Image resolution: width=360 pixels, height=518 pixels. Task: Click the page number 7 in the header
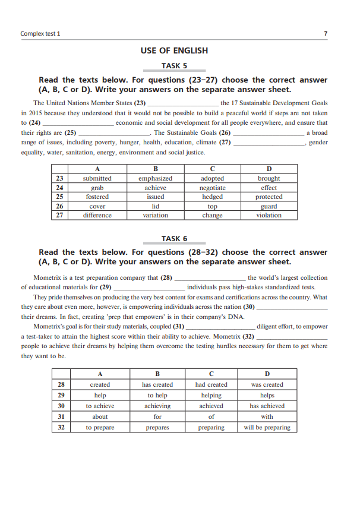(x=326, y=33)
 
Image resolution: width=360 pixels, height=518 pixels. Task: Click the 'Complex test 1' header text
(x=40, y=33)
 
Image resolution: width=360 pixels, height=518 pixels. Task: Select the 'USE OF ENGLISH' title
(x=174, y=50)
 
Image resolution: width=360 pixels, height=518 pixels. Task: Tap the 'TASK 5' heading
(x=174, y=66)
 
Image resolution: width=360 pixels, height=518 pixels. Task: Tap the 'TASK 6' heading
(x=174, y=238)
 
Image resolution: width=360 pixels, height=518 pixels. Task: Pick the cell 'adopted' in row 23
(x=212, y=178)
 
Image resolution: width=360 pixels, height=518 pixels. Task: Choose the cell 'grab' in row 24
(x=97, y=188)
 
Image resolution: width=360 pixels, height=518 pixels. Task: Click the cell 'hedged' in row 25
(x=212, y=197)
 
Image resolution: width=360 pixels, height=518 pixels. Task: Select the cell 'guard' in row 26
(x=269, y=206)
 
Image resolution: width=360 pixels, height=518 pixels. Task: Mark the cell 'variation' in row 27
(x=155, y=215)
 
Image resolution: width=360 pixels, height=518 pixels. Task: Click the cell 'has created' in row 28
(x=157, y=384)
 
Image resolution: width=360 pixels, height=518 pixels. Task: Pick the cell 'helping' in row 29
(x=211, y=395)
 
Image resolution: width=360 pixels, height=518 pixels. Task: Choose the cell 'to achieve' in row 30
(x=100, y=406)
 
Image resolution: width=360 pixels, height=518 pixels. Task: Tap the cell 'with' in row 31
(x=267, y=416)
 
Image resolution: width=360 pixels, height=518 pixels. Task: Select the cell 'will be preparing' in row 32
(x=267, y=427)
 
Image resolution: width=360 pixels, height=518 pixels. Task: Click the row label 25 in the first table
(x=59, y=197)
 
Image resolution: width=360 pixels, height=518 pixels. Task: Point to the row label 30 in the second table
(x=61, y=406)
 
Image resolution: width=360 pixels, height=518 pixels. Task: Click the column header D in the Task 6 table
(x=267, y=374)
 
